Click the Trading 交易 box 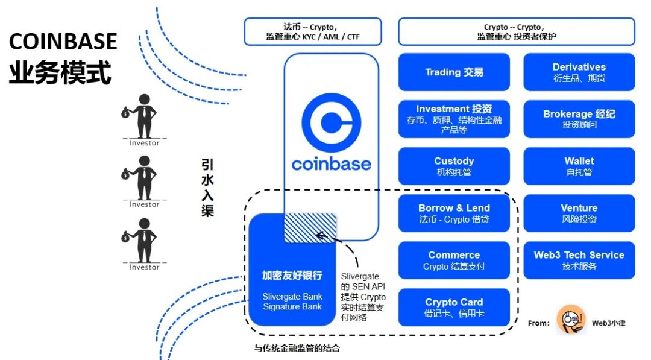point(454,72)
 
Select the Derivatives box point(579,72)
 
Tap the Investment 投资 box point(454,119)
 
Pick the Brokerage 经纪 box point(579,119)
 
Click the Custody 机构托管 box point(454,166)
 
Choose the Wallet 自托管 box point(579,166)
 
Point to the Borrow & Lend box point(454,213)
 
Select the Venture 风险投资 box point(579,213)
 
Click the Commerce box point(454,260)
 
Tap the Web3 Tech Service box point(579,260)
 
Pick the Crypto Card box point(454,307)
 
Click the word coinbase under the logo point(331,163)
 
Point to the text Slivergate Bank point(292,296)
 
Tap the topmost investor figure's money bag point(125,113)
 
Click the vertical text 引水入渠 point(207,188)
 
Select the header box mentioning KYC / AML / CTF point(313,31)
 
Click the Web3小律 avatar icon point(571,319)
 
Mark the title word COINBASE point(63,41)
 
